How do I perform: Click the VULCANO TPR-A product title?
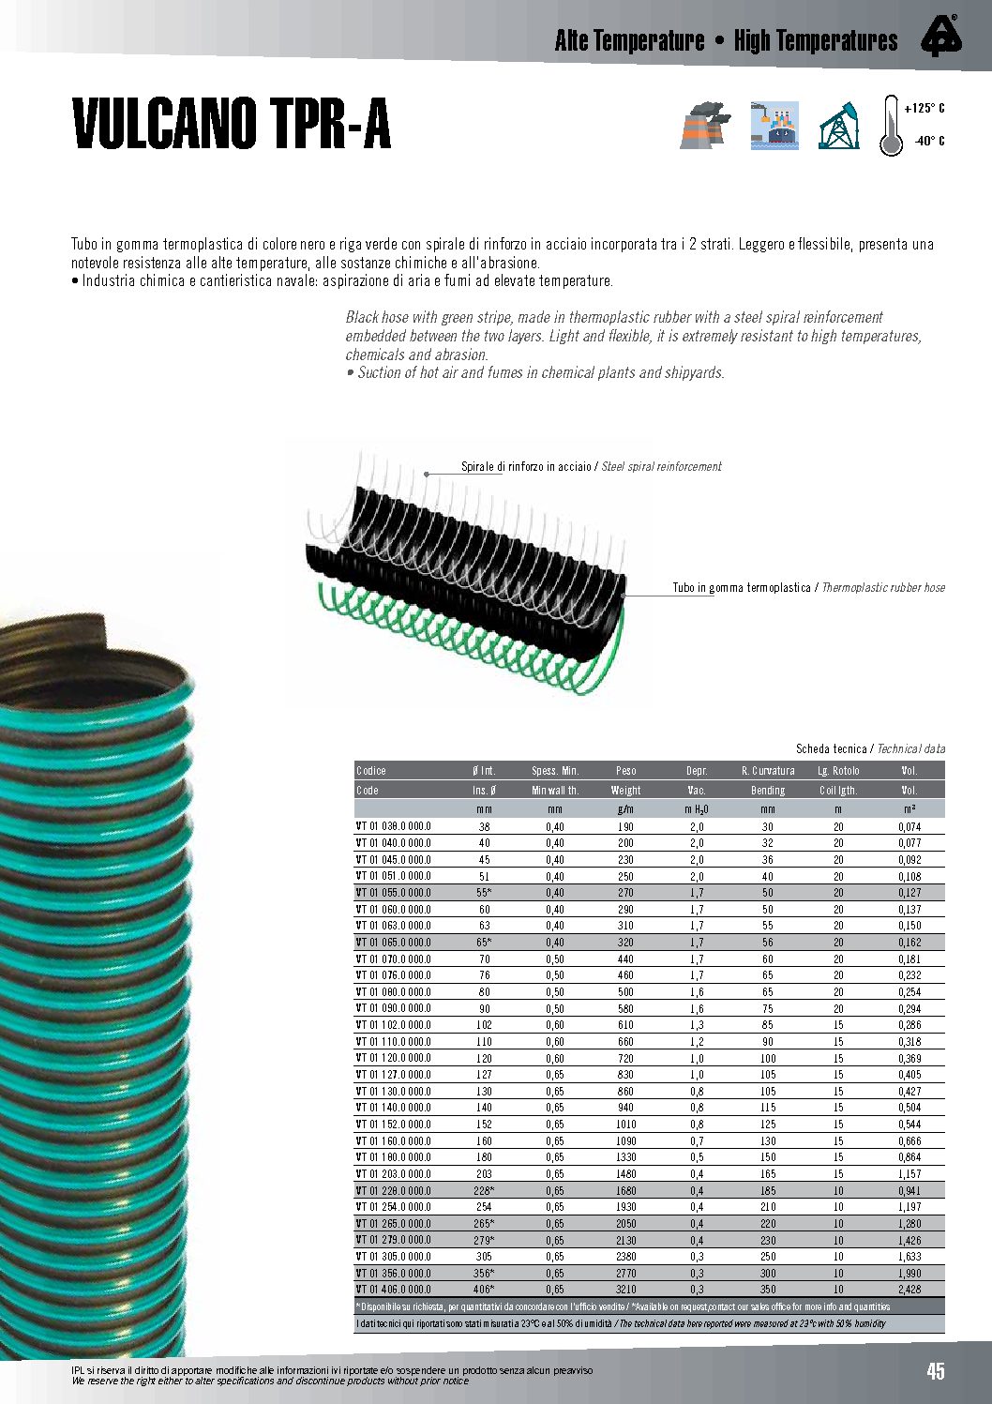click(x=232, y=124)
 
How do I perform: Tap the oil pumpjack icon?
click(x=838, y=126)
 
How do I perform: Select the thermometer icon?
click(x=890, y=126)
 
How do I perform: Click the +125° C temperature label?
click(x=924, y=109)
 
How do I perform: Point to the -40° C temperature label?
click(x=928, y=142)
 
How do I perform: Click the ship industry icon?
click(x=774, y=126)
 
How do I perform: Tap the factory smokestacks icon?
click(x=705, y=126)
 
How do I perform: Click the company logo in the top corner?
click(x=939, y=38)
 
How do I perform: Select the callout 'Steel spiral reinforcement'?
click(x=661, y=466)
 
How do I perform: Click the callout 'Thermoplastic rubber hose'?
click(x=882, y=588)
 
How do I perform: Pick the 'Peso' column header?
click(x=625, y=771)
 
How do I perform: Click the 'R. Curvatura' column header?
click(x=767, y=771)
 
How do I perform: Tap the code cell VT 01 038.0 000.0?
click(x=394, y=827)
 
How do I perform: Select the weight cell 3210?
click(x=625, y=1290)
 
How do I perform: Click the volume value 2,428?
click(x=909, y=1290)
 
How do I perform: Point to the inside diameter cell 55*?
click(x=484, y=893)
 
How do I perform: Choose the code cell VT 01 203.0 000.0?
click(x=394, y=1174)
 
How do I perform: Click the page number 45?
click(x=936, y=1371)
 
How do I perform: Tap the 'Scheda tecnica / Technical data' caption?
click(x=870, y=748)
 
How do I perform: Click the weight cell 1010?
click(x=625, y=1125)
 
